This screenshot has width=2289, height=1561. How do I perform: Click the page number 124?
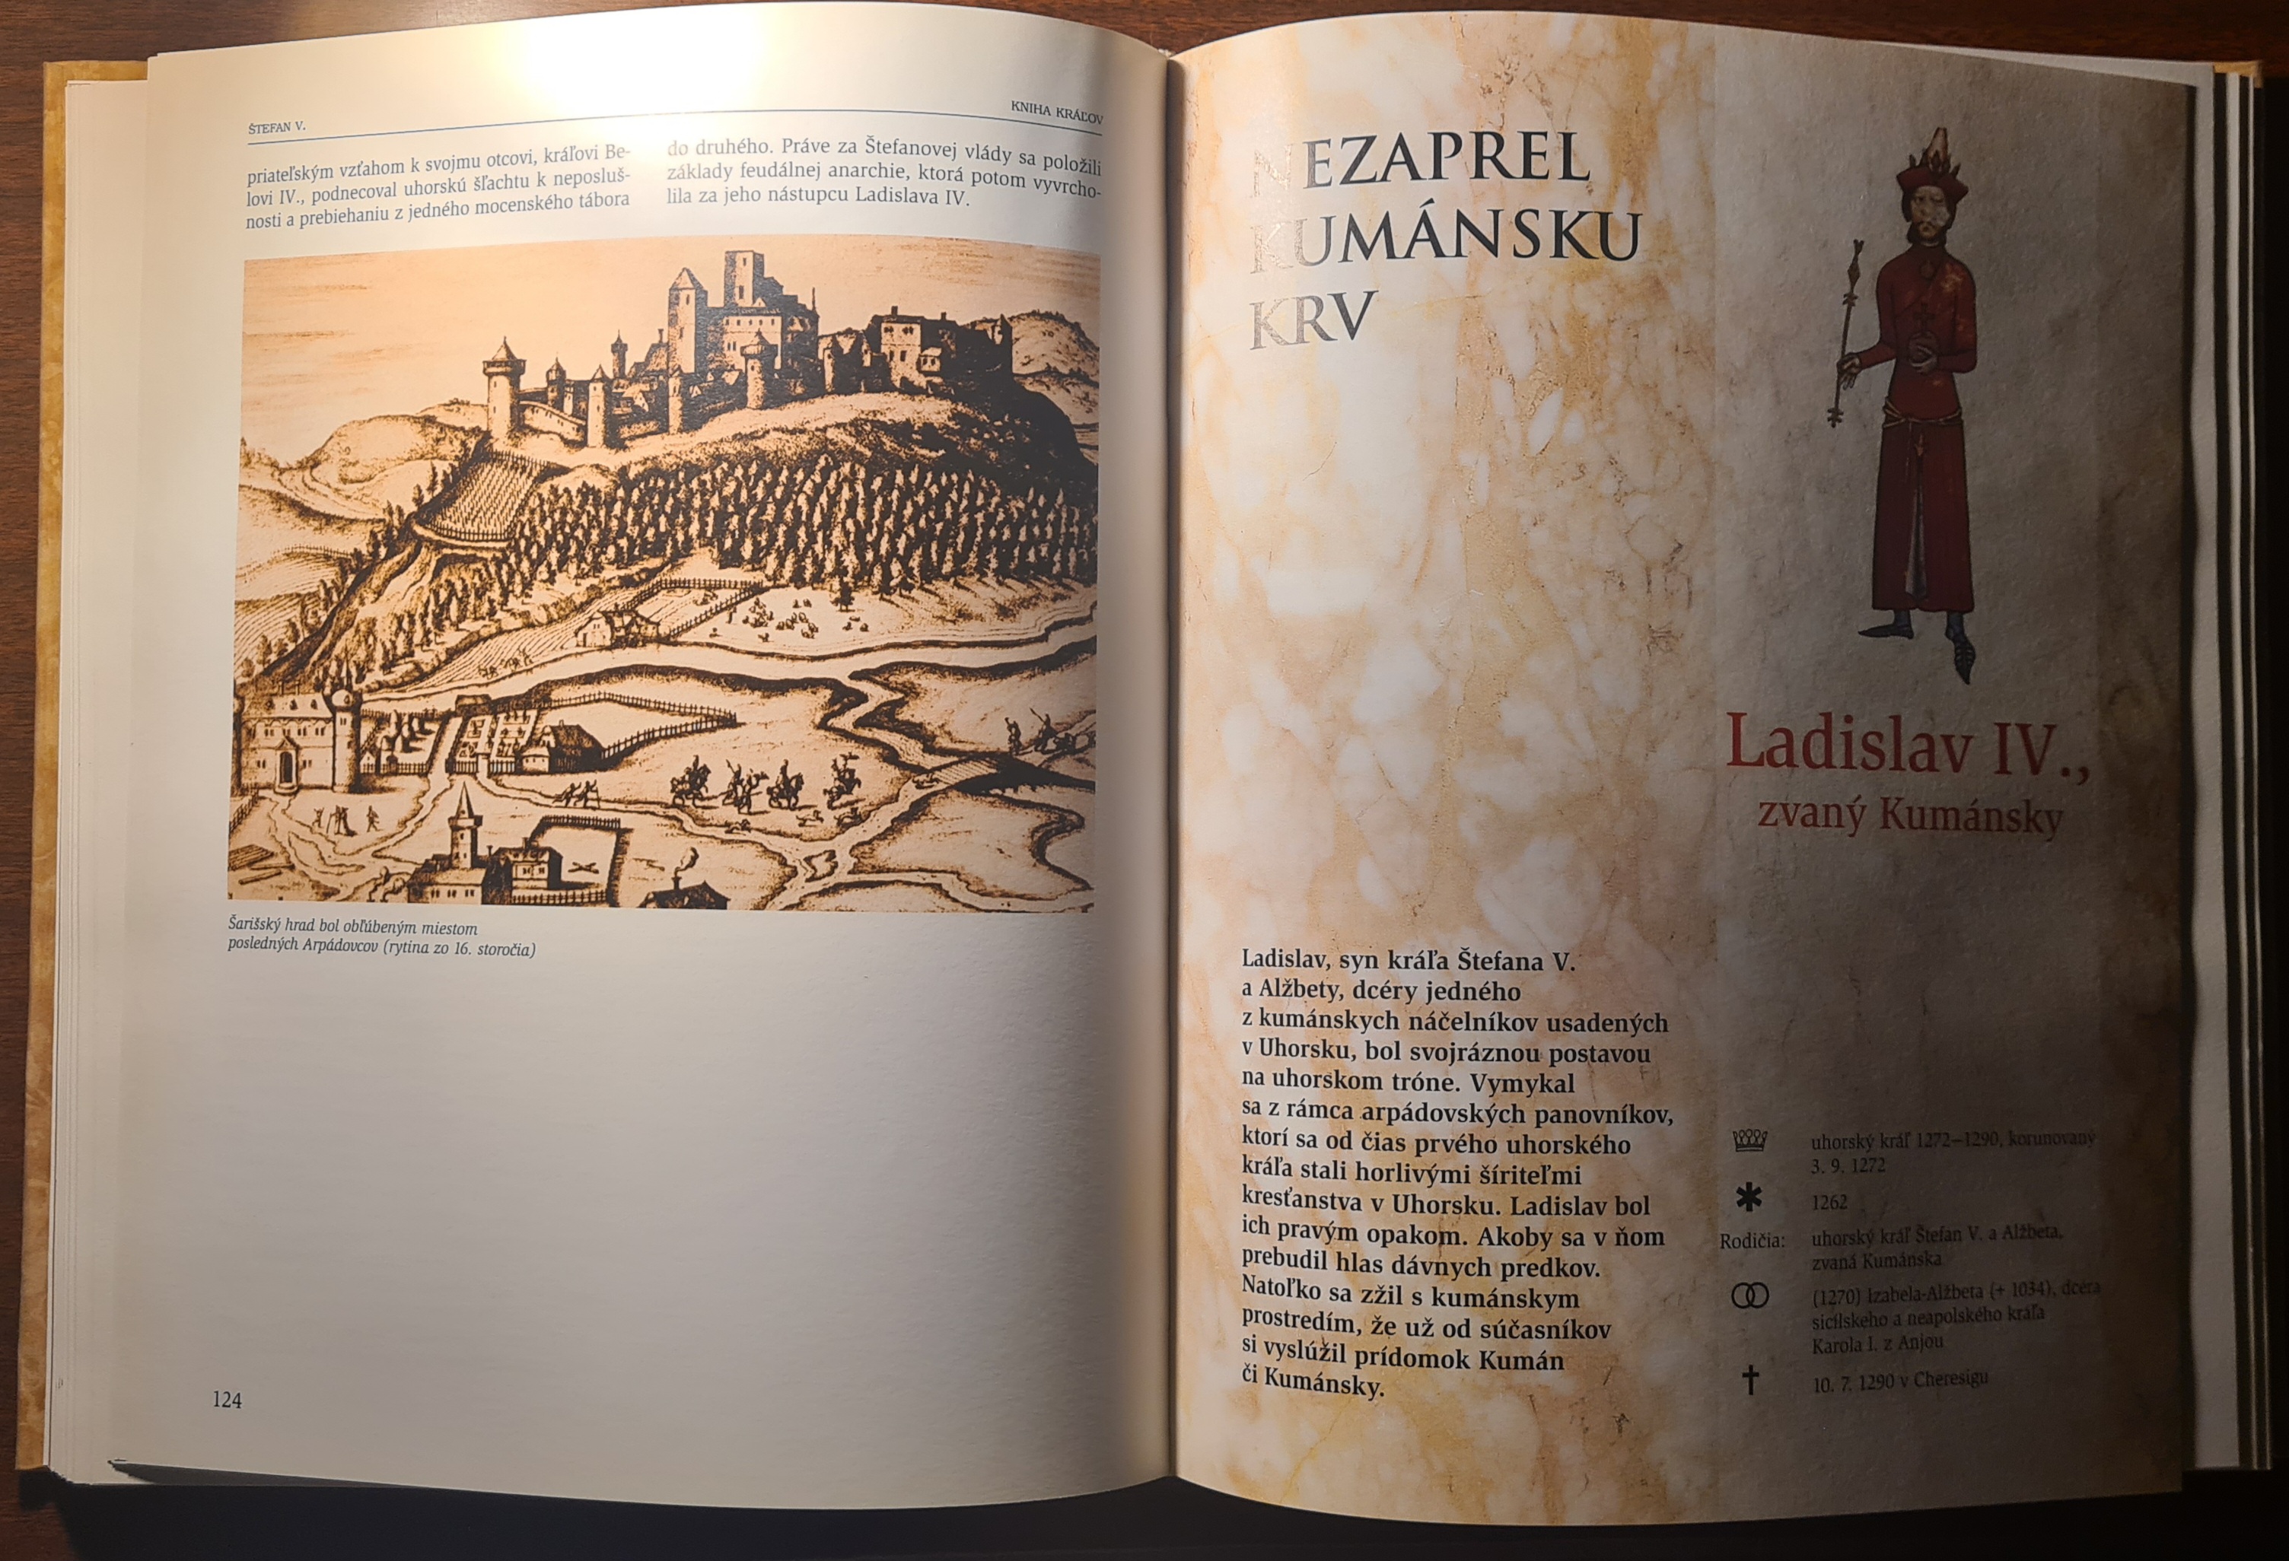pyautogui.click(x=227, y=1400)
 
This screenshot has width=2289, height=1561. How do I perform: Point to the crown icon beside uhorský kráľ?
pyautogui.click(x=1749, y=1140)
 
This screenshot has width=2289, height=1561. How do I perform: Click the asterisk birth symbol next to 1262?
pyautogui.click(x=1749, y=1200)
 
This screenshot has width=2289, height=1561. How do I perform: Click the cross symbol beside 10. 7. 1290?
pyautogui.click(x=1750, y=1380)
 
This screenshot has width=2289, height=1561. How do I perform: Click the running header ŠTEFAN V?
pyautogui.click(x=277, y=127)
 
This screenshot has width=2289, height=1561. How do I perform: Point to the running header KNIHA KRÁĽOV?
pyautogui.click(x=1056, y=113)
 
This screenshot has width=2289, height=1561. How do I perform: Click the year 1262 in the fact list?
pyautogui.click(x=1829, y=1203)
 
